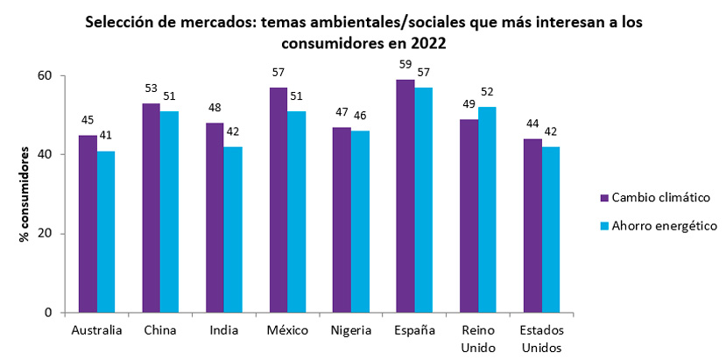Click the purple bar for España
pyautogui.click(x=405, y=196)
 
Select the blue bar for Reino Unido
pyautogui.click(x=488, y=209)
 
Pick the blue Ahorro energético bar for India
pyautogui.click(x=233, y=229)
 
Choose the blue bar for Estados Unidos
pyautogui.click(x=551, y=229)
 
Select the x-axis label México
pyautogui.click(x=287, y=331)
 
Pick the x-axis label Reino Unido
pyautogui.click(x=478, y=338)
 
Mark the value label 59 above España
pyautogui.click(x=405, y=64)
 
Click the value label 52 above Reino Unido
pyautogui.click(x=488, y=92)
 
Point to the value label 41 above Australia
pyautogui.click(x=106, y=135)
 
